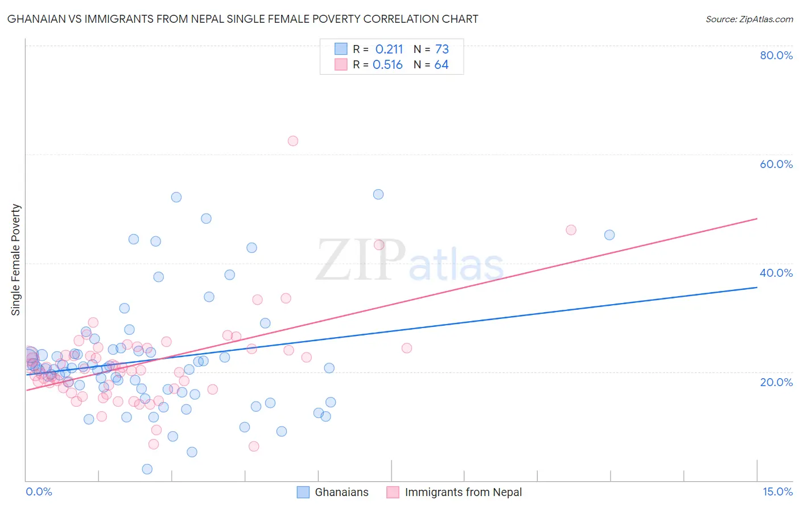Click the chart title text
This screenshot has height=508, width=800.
pyautogui.click(x=242, y=19)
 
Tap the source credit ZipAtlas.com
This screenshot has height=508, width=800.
pyautogui.click(x=749, y=19)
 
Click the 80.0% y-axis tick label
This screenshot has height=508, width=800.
pyautogui.click(x=776, y=55)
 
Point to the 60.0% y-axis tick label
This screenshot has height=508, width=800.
pyautogui.click(x=776, y=164)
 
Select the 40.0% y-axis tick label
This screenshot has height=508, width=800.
pyautogui.click(x=776, y=273)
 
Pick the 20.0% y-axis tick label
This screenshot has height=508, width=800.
pyautogui.click(x=776, y=382)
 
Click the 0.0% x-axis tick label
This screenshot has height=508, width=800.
pyautogui.click(x=39, y=491)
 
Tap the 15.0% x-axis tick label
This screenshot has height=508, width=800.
pyautogui.click(x=777, y=491)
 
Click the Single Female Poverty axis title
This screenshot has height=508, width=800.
pyautogui.click(x=16, y=260)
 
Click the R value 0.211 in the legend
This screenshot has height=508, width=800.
pyautogui.click(x=389, y=50)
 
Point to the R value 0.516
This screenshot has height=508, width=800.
pyautogui.click(x=387, y=65)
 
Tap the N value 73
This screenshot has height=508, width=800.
pyautogui.click(x=442, y=50)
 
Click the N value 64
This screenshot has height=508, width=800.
pyautogui.click(x=442, y=65)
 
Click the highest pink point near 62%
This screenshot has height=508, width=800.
pyautogui.click(x=293, y=141)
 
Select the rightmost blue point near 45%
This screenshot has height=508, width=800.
pyautogui.click(x=609, y=235)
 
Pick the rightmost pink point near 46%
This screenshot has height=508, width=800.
pyautogui.click(x=571, y=230)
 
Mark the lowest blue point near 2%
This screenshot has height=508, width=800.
pyautogui.click(x=147, y=469)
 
